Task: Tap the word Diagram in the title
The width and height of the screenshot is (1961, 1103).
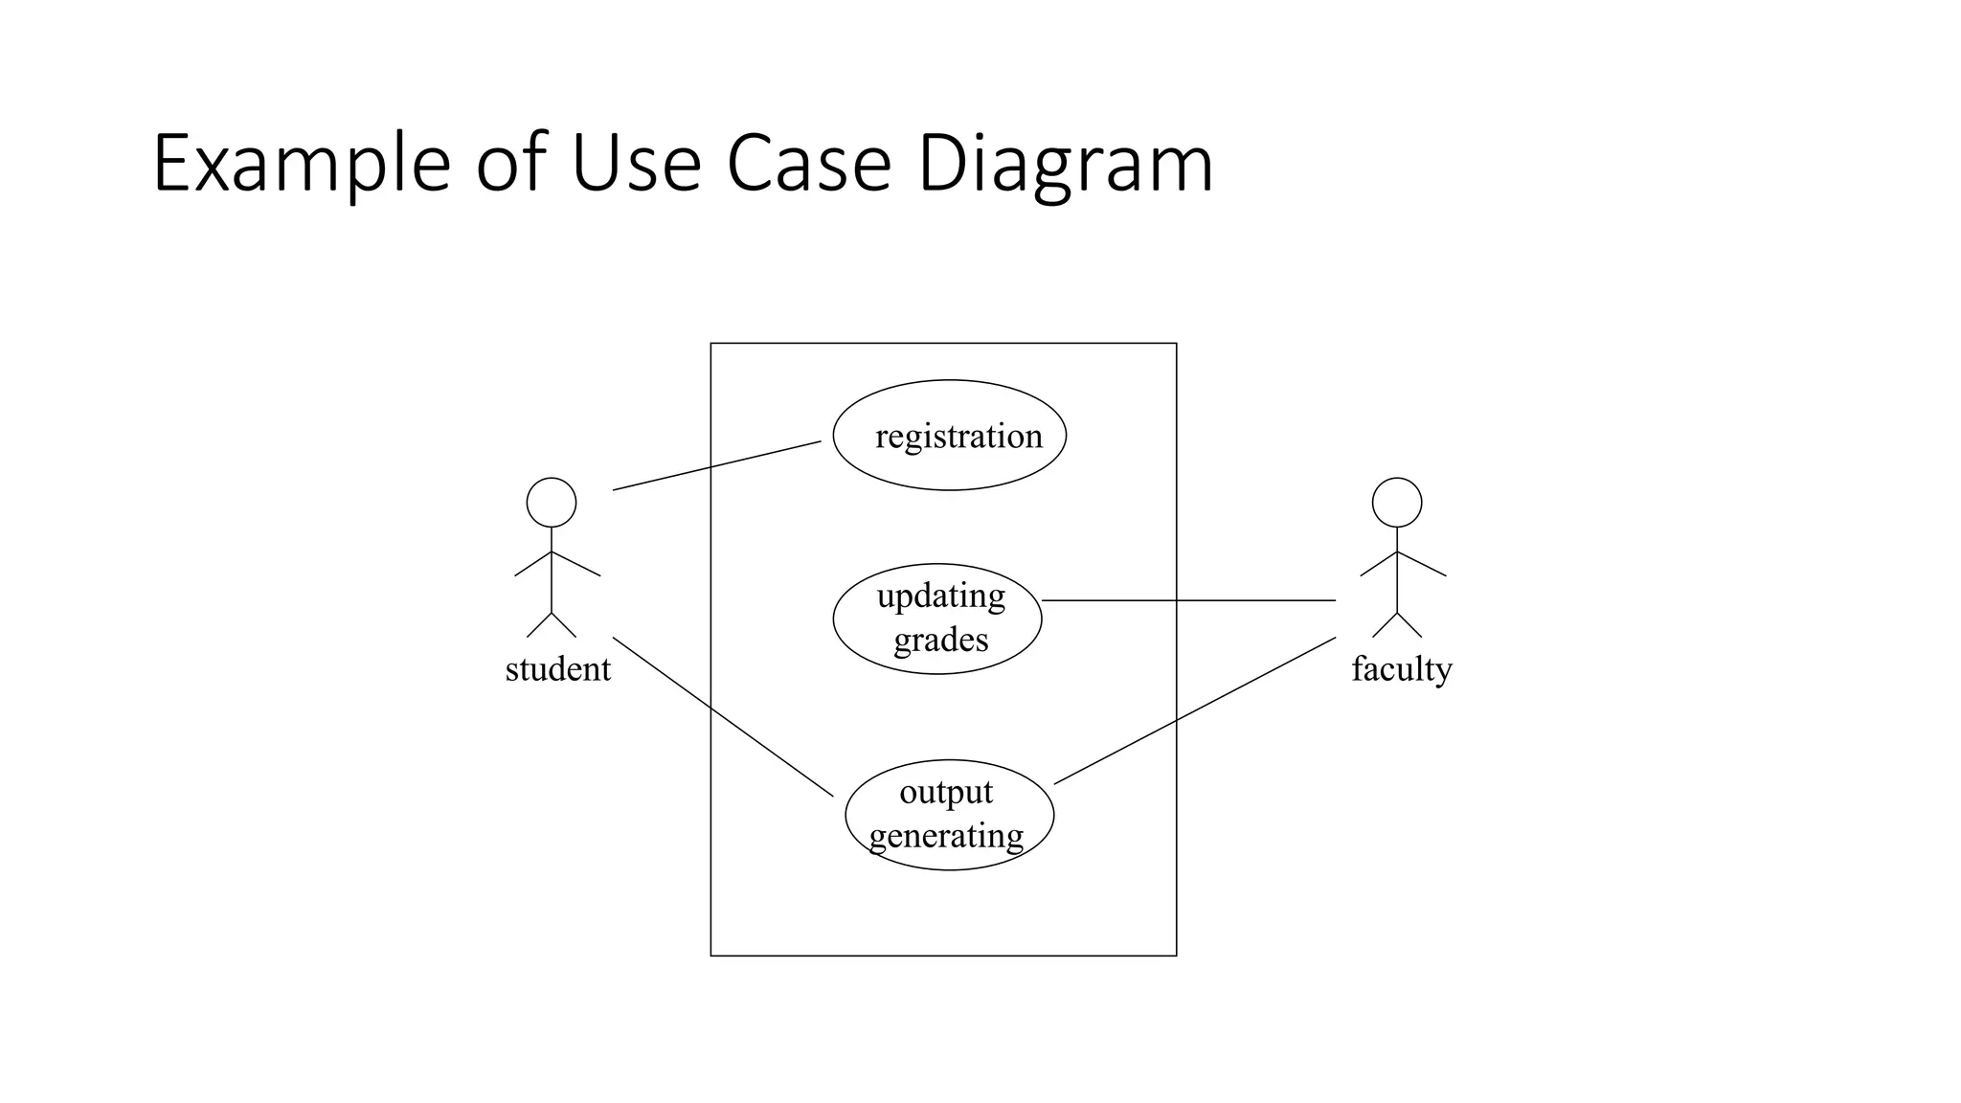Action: pyautogui.click(x=1065, y=165)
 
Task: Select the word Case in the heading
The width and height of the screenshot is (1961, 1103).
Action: pyautogui.click(x=809, y=165)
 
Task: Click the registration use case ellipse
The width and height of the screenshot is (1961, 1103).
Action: pyautogui.click(x=949, y=436)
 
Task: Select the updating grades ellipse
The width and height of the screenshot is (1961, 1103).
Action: pyautogui.click(x=937, y=619)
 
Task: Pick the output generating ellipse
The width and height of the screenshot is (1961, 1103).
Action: pyautogui.click(x=949, y=815)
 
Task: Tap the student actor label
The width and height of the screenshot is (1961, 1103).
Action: pyautogui.click(x=557, y=669)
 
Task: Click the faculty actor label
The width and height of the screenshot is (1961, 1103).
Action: pyautogui.click(x=1401, y=669)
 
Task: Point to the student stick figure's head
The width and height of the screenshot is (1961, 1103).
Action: pyautogui.click(x=552, y=503)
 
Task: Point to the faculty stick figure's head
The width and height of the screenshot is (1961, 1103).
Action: pyautogui.click(x=1396, y=503)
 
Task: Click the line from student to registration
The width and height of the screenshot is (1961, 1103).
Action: pyautogui.click(x=716, y=466)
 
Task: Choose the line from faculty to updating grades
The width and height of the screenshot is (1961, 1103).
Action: pyautogui.click(x=1188, y=600)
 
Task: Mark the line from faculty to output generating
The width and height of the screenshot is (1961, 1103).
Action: pyautogui.click(x=1194, y=710)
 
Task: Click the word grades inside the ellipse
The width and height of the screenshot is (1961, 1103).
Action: pyautogui.click(x=940, y=640)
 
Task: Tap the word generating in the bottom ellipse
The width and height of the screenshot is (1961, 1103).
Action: pyautogui.click(x=946, y=836)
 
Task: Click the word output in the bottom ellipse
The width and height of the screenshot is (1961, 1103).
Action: pyautogui.click(x=946, y=793)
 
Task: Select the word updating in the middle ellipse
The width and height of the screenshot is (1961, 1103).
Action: pyautogui.click(x=940, y=597)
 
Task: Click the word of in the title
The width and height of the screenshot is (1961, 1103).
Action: pyautogui.click(x=511, y=165)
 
